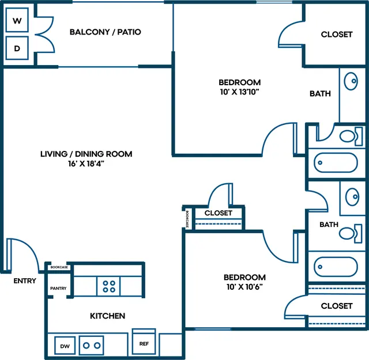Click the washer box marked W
(17, 20)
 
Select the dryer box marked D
(17, 48)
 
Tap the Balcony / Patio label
(105, 32)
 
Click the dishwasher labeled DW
(65, 346)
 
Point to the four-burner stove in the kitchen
(108, 286)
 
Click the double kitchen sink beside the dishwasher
(91, 345)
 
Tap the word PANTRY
(58, 288)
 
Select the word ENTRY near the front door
(25, 281)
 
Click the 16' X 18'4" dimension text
(86, 164)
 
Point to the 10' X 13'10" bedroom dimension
(240, 92)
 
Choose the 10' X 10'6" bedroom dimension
(244, 287)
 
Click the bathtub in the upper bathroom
(336, 162)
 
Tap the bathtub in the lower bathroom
(336, 267)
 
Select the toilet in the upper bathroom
(351, 136)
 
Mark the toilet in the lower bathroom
(351, 233)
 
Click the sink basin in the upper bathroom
(351, 81)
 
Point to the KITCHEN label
(108, 316)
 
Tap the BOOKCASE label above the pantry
(59, 267)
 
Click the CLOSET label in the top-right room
(337, 35)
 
